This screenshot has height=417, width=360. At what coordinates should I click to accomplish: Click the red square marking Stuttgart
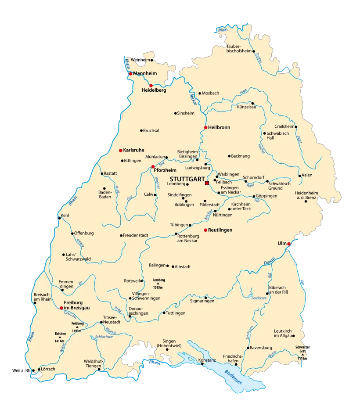[207, 183]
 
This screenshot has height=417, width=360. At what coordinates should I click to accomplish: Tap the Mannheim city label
[145, 73]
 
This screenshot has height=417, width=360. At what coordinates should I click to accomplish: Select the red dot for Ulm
[288, 244]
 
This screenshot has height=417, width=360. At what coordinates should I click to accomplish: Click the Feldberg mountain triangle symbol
[77, 327]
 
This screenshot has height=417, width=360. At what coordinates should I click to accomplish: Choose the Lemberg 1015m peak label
[158, 284]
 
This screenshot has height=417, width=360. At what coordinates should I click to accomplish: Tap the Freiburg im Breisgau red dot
[61, 308]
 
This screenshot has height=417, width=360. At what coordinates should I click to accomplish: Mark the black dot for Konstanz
[202, 364]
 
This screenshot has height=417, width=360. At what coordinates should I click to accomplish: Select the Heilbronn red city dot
[205, 128]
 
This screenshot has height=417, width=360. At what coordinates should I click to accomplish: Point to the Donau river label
[269, 261]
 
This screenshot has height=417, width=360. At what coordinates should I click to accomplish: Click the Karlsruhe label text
[134, 150]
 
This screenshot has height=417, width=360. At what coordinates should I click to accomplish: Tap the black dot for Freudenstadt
[121, 235]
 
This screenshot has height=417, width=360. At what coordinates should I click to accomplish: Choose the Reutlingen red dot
[205, 230]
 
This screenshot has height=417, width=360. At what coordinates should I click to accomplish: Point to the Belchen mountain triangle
[60, 337]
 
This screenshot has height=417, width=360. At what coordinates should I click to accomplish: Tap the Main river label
[223, 30]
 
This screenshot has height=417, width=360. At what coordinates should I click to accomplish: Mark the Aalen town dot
[299, 176]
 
